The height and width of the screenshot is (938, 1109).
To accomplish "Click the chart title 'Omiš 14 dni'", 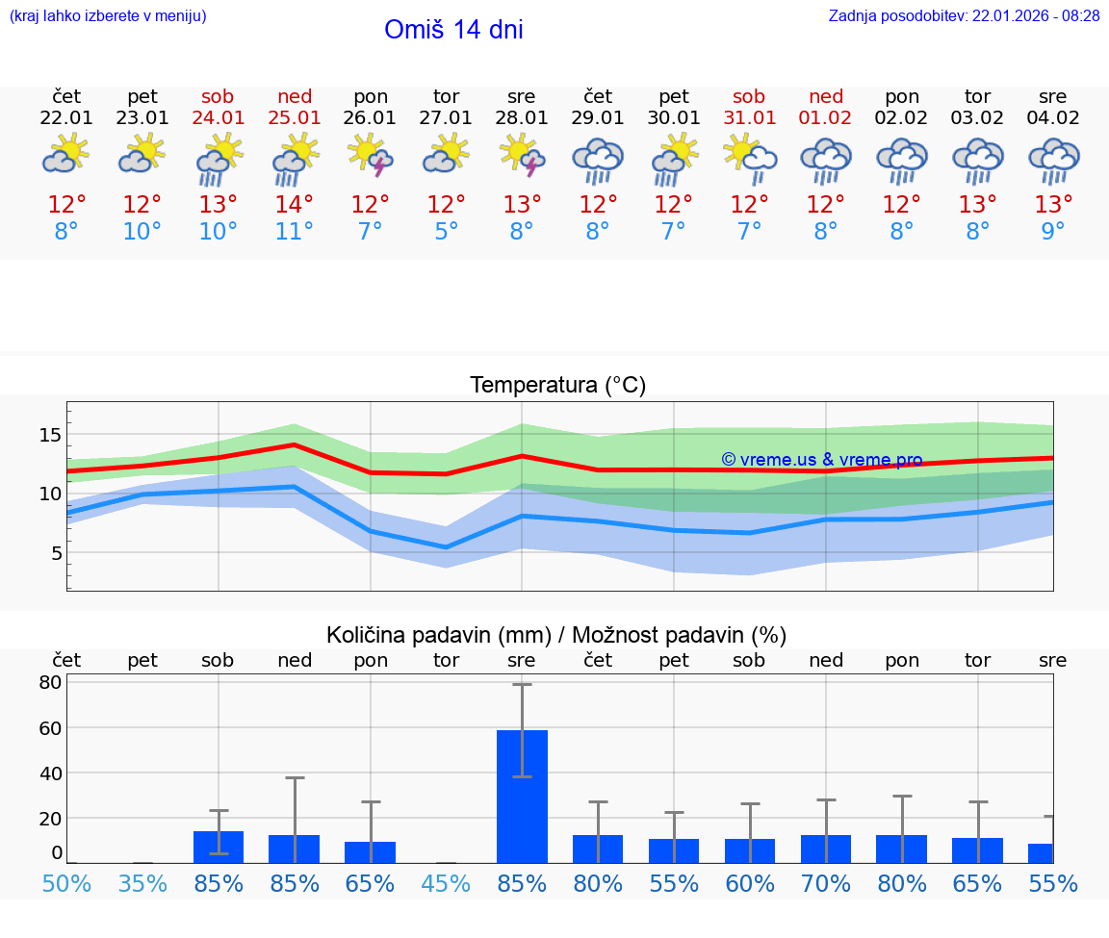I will [453, 30].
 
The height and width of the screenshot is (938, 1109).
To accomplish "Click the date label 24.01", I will [219, 117].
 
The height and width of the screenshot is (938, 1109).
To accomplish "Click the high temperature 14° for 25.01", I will [295, 204].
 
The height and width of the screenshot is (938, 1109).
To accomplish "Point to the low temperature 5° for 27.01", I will [446, 232].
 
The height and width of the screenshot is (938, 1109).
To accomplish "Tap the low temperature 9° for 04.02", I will [1053, 232].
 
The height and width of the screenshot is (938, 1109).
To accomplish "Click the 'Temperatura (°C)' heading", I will [557, 385].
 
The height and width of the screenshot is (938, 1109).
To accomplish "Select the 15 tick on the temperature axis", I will [50, 435].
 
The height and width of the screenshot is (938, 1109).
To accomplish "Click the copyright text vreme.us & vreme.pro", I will [821, 460].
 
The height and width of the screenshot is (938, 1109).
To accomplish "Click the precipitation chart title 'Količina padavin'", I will [556, 635].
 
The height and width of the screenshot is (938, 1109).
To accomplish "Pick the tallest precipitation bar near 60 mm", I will [522, 796].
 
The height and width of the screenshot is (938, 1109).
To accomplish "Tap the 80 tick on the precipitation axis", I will [50, 682].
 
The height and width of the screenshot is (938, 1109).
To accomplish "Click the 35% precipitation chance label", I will [142, 883].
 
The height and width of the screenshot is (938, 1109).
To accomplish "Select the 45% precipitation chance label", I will [446, 883].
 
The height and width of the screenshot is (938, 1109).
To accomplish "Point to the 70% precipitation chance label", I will [826, 883].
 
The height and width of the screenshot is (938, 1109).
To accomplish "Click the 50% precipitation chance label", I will [66, 883].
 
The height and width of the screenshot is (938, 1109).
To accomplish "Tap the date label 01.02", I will [826, 117].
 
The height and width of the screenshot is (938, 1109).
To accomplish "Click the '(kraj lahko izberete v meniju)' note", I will [108, 15].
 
